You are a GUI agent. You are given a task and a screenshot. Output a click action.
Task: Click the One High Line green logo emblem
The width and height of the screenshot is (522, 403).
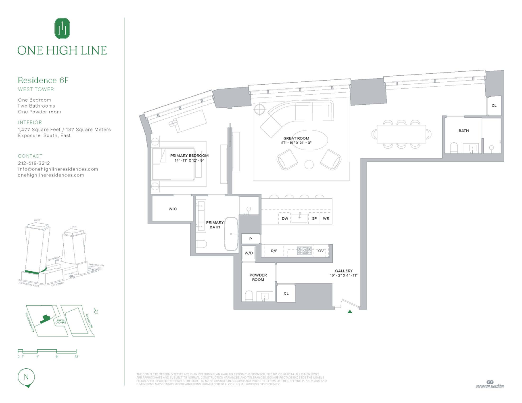coord(62,29)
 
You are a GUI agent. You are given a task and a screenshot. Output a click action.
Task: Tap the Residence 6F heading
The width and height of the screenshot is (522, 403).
coord(43,80)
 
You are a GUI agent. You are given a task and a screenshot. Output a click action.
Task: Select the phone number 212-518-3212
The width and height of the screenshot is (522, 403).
coord(34,163)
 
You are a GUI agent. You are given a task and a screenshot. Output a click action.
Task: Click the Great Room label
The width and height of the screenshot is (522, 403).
coord(296,138)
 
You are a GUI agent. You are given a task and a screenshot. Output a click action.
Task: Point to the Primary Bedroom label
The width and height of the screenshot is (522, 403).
coord(189,156)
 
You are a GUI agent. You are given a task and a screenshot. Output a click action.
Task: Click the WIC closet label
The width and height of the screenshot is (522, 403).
coord(173,209)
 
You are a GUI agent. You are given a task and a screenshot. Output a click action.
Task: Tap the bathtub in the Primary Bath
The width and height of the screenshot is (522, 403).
coord(231,234)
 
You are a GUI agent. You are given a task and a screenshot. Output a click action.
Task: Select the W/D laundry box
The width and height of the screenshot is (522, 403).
coord(248,253)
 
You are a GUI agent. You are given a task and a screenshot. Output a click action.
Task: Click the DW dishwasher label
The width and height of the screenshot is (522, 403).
coord(285,218)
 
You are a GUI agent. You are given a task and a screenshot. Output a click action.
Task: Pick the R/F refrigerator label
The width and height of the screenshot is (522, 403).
coord(274,251)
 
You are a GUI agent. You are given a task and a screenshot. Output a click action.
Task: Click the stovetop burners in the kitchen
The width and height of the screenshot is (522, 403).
coord(305,251)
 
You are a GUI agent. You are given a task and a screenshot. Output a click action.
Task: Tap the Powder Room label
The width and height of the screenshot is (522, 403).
coord(258,277)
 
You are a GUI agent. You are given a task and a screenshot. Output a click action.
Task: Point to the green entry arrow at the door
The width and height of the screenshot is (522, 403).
coord(350,312)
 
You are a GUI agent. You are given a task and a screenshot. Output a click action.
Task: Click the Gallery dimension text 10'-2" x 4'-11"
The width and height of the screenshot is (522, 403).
coord(344,276)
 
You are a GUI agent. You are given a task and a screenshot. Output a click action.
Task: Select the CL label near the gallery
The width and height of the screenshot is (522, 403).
coord(286,293)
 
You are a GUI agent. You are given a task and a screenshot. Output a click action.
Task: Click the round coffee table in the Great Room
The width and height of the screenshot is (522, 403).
coord(309,164)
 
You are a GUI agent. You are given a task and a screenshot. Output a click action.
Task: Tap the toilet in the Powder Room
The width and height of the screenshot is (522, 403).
coord(248,297)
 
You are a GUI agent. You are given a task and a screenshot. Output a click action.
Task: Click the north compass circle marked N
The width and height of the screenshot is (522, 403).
coord(27,377)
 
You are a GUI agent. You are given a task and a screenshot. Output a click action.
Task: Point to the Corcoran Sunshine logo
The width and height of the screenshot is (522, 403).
coord(490,384)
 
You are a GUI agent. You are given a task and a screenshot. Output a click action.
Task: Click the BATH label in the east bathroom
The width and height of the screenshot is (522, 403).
coord(464,131)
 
